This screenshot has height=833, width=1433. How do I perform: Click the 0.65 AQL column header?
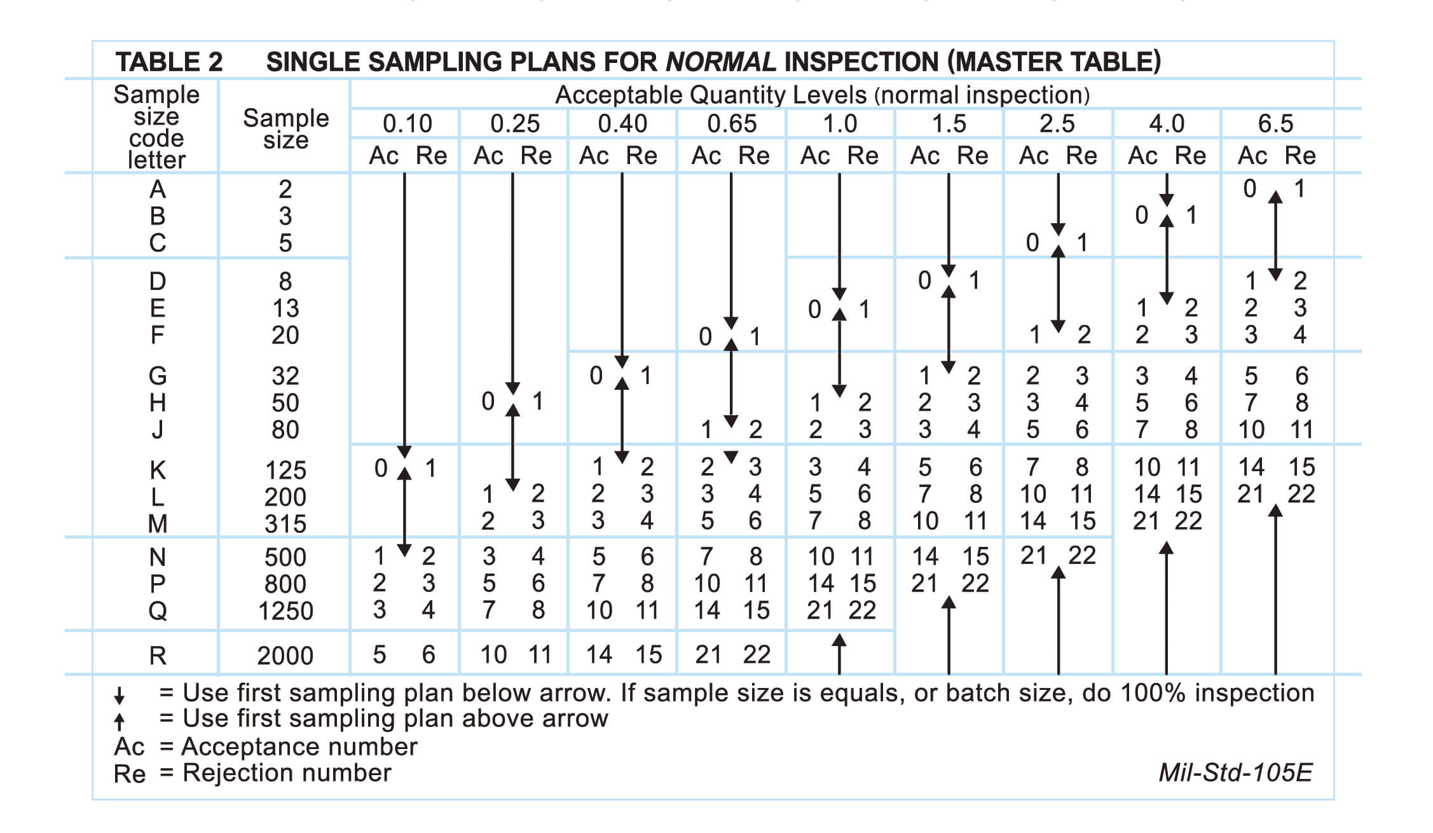point(732,123)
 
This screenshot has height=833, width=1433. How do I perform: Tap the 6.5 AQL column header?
point(1275,123)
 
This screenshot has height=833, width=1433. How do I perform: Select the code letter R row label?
point(158,655)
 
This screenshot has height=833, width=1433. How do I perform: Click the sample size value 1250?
point(285,611)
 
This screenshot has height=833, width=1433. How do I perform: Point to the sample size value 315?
point(285,524)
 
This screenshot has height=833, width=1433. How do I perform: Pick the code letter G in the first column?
point(158,376)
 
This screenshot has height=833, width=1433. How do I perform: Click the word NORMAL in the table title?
point(720,62)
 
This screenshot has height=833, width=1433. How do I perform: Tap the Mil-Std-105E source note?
point(1235,772)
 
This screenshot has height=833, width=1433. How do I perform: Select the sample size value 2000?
point(285,656)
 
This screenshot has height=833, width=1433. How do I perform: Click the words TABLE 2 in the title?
point(169,62)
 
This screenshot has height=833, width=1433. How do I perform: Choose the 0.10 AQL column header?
point(407,123)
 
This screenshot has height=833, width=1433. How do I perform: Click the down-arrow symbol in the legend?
point(119,695)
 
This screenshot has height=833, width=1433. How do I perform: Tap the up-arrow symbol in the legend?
point(119,721)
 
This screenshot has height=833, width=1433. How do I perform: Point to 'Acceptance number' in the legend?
point(299,747)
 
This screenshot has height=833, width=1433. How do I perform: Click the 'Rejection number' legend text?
point(287,773)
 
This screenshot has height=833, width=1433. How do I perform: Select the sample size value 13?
point(285,308)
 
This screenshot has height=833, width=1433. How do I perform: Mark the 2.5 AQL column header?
point(1057,123)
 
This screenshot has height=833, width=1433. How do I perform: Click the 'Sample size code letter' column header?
point(156,127)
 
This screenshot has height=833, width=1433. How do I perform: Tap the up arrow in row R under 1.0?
point(839,653)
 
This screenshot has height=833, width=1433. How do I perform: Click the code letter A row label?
point(158,189)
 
